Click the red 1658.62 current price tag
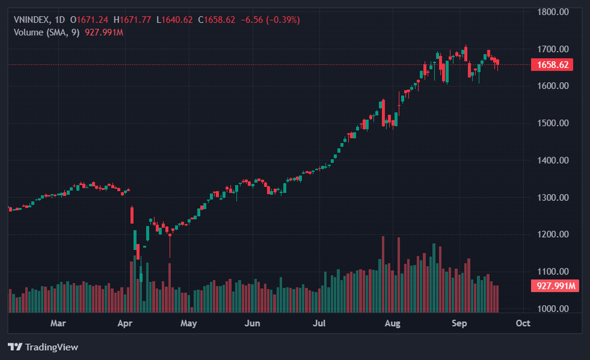click(x=552, y=65)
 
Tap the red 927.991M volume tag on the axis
click(x=554, y=286)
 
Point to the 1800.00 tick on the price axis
click(x=553, y=12)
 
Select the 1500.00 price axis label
click(x=553, y=123)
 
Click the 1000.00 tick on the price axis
click(x=553, y=308)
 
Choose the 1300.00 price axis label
click(x=553, y=197)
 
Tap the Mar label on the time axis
click(x=58, y=323)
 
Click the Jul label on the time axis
click(x=319, y=323)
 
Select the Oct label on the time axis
click(x=522, y=323)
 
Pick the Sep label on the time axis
click(x=459, y=323)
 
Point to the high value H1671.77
click(x=132, y=20)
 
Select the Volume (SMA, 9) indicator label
click(x=47, y=32)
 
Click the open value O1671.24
click(x=90, y=20)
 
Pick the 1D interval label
click(x=60, y=20)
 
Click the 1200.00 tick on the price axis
click(x=553, y=234)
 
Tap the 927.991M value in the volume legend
click(x=104, y=32)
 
